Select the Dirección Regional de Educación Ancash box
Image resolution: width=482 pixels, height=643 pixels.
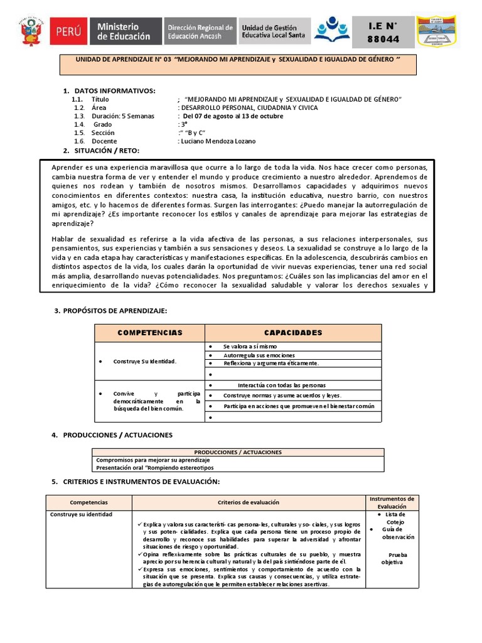(x=200, y=31)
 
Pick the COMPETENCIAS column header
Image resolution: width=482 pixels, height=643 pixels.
(x=149, y=333)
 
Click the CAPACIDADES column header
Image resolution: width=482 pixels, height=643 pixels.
(x=292, y=333)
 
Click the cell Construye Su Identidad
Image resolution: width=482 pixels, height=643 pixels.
(x=144, y=362)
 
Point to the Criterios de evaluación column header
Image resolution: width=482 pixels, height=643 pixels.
(x=249, y=502)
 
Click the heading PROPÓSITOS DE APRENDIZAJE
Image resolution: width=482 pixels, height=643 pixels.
(x=115, y=311)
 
